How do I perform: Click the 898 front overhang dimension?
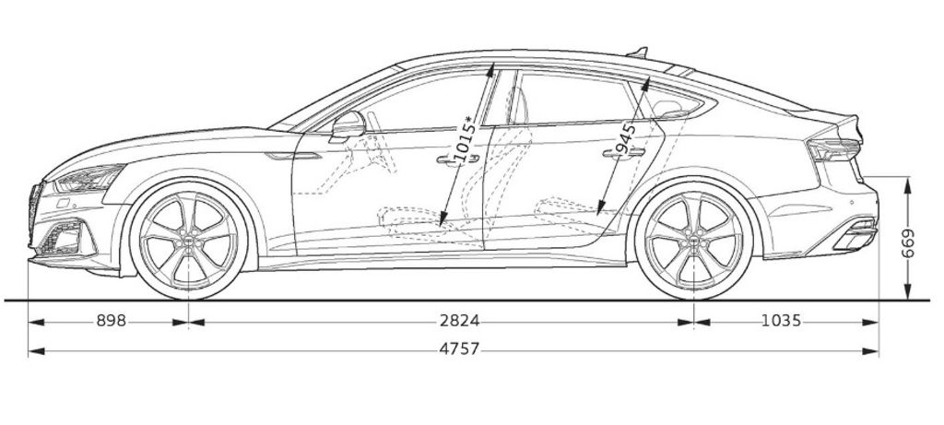click(112, 322)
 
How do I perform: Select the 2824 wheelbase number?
click(459, 322)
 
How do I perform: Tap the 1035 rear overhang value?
click(782, 322)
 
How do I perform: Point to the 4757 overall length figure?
click(459, 349)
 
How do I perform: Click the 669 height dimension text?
click(907, 243)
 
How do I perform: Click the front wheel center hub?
click(188, 241)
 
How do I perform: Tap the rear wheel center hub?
click(694, 241)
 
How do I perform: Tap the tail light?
click(833, 149)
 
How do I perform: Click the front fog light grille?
click(63, 237)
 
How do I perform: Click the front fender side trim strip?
click(293, 157)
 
